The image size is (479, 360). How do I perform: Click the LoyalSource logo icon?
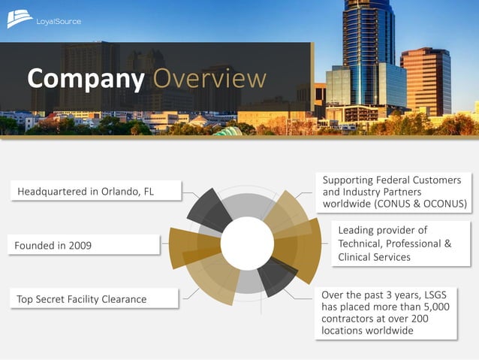[20, 19]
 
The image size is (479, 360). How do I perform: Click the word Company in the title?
[85, 78]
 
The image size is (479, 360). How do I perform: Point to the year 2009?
[79, 246]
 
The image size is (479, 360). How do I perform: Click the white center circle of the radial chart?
[246, 243]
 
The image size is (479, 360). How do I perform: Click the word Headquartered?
[53, 192]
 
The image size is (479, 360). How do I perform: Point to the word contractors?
[350, 319]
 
